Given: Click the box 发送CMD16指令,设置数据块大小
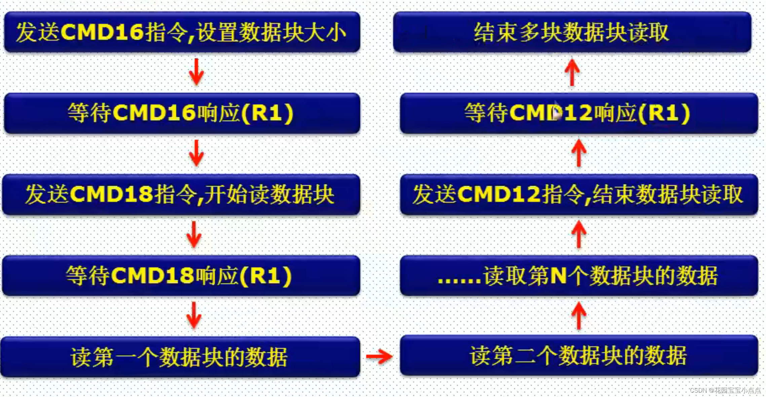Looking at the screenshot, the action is click(182, 32).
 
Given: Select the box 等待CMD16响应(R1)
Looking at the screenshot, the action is click(182, 113).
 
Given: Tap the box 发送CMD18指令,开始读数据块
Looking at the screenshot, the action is click(181, 194).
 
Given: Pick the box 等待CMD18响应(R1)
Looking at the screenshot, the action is click(181, 276).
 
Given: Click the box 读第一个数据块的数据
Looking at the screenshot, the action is click(180, 357).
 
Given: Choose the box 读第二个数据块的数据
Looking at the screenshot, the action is click(579, 355).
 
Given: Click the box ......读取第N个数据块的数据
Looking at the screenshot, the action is click(579, 276).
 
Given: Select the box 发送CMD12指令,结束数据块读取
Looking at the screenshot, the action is click(579, 194).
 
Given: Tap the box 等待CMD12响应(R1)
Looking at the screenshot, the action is click(579, 113).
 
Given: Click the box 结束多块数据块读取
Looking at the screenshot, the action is click(572, 32).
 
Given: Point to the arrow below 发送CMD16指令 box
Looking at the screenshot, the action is click(196, 72).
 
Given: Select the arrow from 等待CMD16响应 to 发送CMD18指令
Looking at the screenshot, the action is click(196, 153).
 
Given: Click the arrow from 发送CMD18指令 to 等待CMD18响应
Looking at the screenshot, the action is click(194, 234).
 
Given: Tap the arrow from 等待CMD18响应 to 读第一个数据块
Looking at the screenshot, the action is click(194, 315).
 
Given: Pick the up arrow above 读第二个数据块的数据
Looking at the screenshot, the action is click(579, 315).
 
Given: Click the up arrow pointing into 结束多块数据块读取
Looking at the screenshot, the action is click(572, 72).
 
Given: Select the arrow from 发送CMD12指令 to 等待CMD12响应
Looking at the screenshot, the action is click(579, 153).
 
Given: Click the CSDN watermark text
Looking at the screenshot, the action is click(725, 390).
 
